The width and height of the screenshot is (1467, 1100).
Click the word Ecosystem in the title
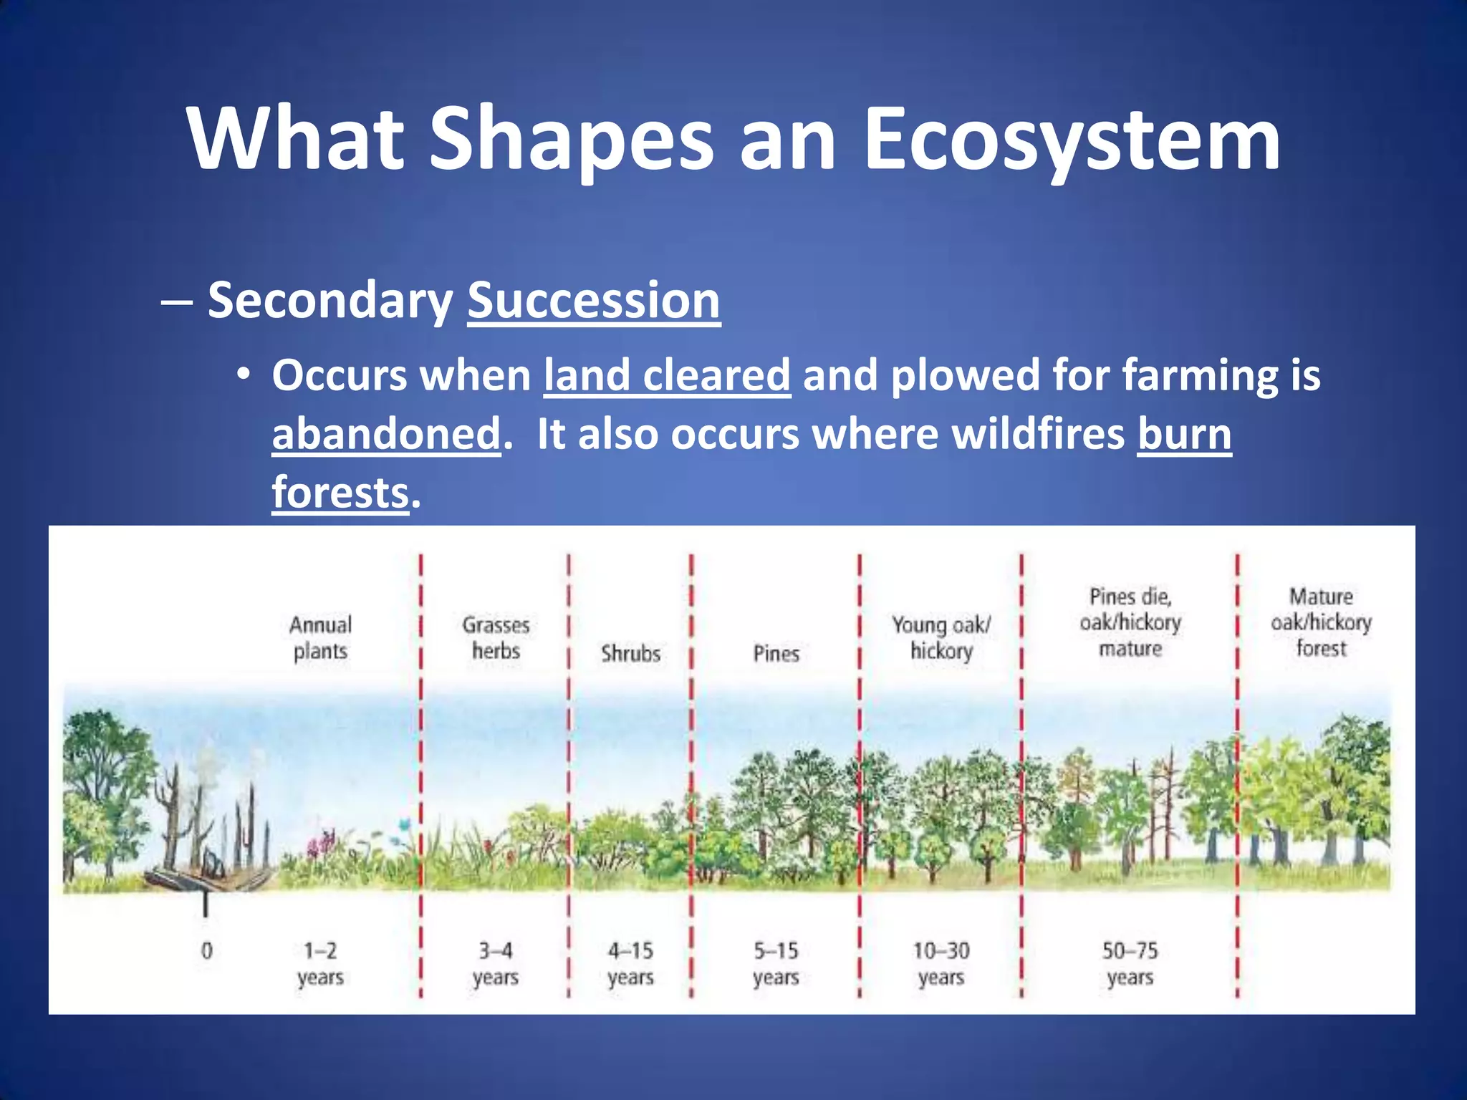[x=1072, y=140]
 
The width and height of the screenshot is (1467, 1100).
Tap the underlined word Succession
[x=594, y=300]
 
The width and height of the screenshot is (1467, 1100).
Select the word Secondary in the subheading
[x=330, y=300]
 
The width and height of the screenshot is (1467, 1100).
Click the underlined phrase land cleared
[x=667, y=375]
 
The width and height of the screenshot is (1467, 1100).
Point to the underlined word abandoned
[x=386, y=434]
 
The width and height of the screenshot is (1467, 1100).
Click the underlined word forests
[x=340, y=493]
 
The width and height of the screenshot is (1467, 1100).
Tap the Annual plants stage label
[x=320, y=637]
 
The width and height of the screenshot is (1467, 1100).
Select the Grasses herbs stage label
[x=496, y=637]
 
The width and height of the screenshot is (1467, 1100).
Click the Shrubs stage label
[x=630, y=653]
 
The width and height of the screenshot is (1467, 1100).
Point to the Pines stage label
[x=776, y=653]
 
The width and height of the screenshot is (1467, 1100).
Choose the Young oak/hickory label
[x=941, y=637]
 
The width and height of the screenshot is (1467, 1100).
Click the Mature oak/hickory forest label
[x=1321, y=622]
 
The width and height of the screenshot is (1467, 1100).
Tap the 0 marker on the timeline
[x=207, y=951]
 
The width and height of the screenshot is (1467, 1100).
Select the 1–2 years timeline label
[x=320, y=964]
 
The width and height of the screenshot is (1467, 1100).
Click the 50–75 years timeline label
[x=1130, y=964]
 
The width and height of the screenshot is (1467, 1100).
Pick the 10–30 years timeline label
[x=941, y=964]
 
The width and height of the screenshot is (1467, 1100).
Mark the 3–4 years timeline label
[x=496, y=964]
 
